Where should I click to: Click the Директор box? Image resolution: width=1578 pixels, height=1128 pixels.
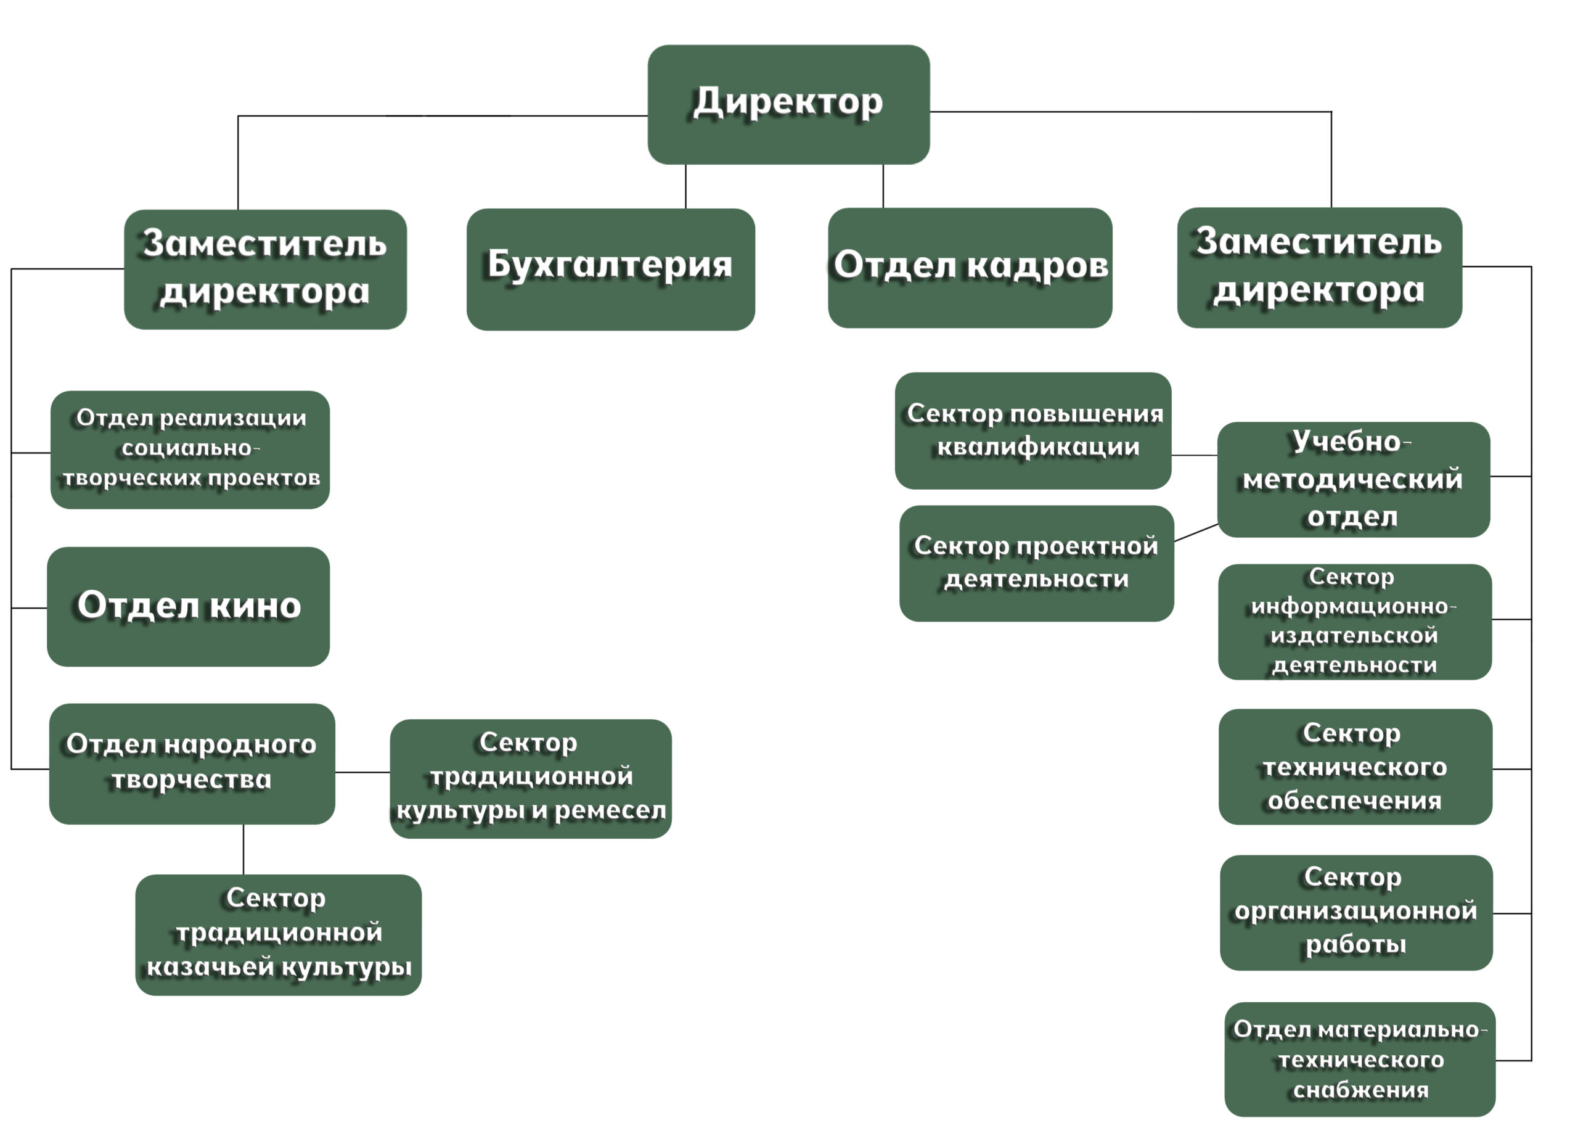click(x=788, y=104)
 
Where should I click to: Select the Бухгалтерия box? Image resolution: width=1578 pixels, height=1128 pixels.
click(x=610, y=269)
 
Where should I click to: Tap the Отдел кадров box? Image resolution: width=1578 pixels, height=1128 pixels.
click(x=969, y=268)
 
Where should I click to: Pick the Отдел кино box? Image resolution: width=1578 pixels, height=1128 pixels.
click(x=188, y=606)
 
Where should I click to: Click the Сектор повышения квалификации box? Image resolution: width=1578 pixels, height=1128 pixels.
click(x=1032, y=430)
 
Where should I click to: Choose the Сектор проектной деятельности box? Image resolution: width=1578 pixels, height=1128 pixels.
click(x=1036, y=562)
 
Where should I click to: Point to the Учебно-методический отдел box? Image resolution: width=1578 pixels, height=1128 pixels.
click(x=1353, y=479)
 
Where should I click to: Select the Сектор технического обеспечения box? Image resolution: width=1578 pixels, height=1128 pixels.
click(x=1354, y=766)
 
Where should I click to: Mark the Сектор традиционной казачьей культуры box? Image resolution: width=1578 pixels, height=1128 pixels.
click(x=278, y=934)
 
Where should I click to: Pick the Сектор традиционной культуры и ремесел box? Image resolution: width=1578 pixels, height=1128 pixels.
click(x=530, y=778)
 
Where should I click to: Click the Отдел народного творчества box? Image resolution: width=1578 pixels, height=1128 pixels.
click(x=192, y=764)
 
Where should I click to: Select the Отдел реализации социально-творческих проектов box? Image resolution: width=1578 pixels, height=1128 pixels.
click(x=189, y=450)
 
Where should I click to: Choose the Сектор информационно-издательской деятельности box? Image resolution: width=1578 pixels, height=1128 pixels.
click(x=1354, y=621)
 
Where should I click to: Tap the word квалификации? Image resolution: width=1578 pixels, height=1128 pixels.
click(x=1038, y=447)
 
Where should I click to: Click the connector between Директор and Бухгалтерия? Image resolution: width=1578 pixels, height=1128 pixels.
click(x=685, y=186)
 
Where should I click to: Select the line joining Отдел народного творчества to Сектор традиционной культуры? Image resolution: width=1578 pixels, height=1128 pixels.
click(x=362, y=772)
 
